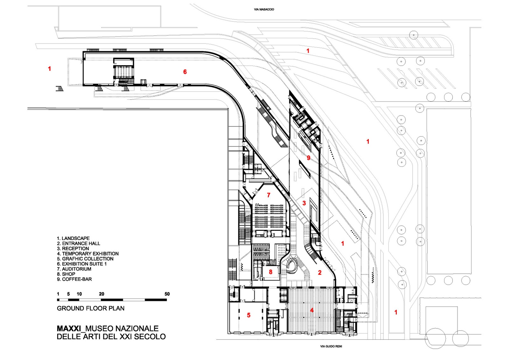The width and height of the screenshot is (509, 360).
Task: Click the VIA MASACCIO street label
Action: tap(264, 10)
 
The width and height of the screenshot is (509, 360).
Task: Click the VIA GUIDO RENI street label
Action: tap(331, 346)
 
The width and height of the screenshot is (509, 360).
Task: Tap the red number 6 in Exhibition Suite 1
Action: tap(185, 72)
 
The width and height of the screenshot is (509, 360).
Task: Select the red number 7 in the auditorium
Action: tap(269, 195)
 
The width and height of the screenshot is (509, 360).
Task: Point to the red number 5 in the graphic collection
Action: tap(249, 315)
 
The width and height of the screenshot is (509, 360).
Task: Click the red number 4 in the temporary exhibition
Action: tap(312, 310)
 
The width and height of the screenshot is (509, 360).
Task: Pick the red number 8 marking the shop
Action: tap(271, 272)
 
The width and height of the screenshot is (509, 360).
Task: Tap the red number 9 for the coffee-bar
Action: tap(308, 158)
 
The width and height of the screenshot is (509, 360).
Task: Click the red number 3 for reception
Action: tap(304, 203)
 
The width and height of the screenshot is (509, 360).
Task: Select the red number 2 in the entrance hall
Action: tap(320, 272)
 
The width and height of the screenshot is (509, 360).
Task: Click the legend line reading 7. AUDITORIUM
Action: tap(74, 269)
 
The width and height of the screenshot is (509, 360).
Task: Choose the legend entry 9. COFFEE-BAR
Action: tap(74, 279)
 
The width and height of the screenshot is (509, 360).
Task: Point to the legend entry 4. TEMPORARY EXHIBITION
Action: tap(88, 254)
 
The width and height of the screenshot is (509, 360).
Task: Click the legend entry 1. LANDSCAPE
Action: tap(73, 238)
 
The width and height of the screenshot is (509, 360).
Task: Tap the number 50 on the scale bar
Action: tap(167, 294)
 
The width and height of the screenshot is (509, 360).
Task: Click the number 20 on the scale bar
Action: tap(101, 294)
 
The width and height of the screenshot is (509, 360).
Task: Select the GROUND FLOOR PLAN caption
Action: tap(91, 308)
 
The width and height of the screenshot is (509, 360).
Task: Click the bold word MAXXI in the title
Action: tap(69, 328)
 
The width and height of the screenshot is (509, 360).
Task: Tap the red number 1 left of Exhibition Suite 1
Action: tap(49, 68)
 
